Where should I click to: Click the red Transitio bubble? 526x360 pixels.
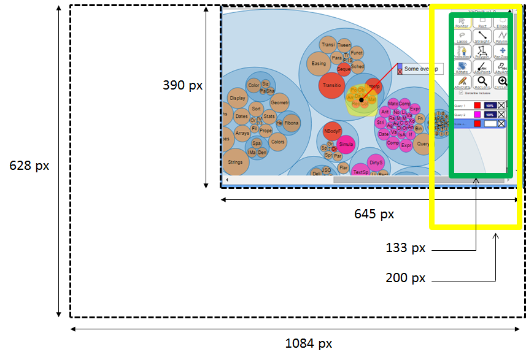tap(331, 85)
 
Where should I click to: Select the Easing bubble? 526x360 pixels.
tap(319, 63)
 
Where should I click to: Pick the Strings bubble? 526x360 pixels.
tap(235, 162)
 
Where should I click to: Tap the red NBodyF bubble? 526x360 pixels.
tap(332, 131)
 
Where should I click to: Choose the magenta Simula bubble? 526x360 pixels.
tap(346, 144)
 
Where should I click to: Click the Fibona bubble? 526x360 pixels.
tap(292, 123)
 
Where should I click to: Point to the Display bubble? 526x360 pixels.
tap(238, 98)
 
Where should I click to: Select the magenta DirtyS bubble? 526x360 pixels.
tap(376, 163)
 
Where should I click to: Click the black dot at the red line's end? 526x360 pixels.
tap(362, 100)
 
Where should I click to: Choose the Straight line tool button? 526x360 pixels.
tap(482, 36)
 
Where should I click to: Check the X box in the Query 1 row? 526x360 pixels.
tap(501, 105)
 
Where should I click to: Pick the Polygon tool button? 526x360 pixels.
tap(482, 52)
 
